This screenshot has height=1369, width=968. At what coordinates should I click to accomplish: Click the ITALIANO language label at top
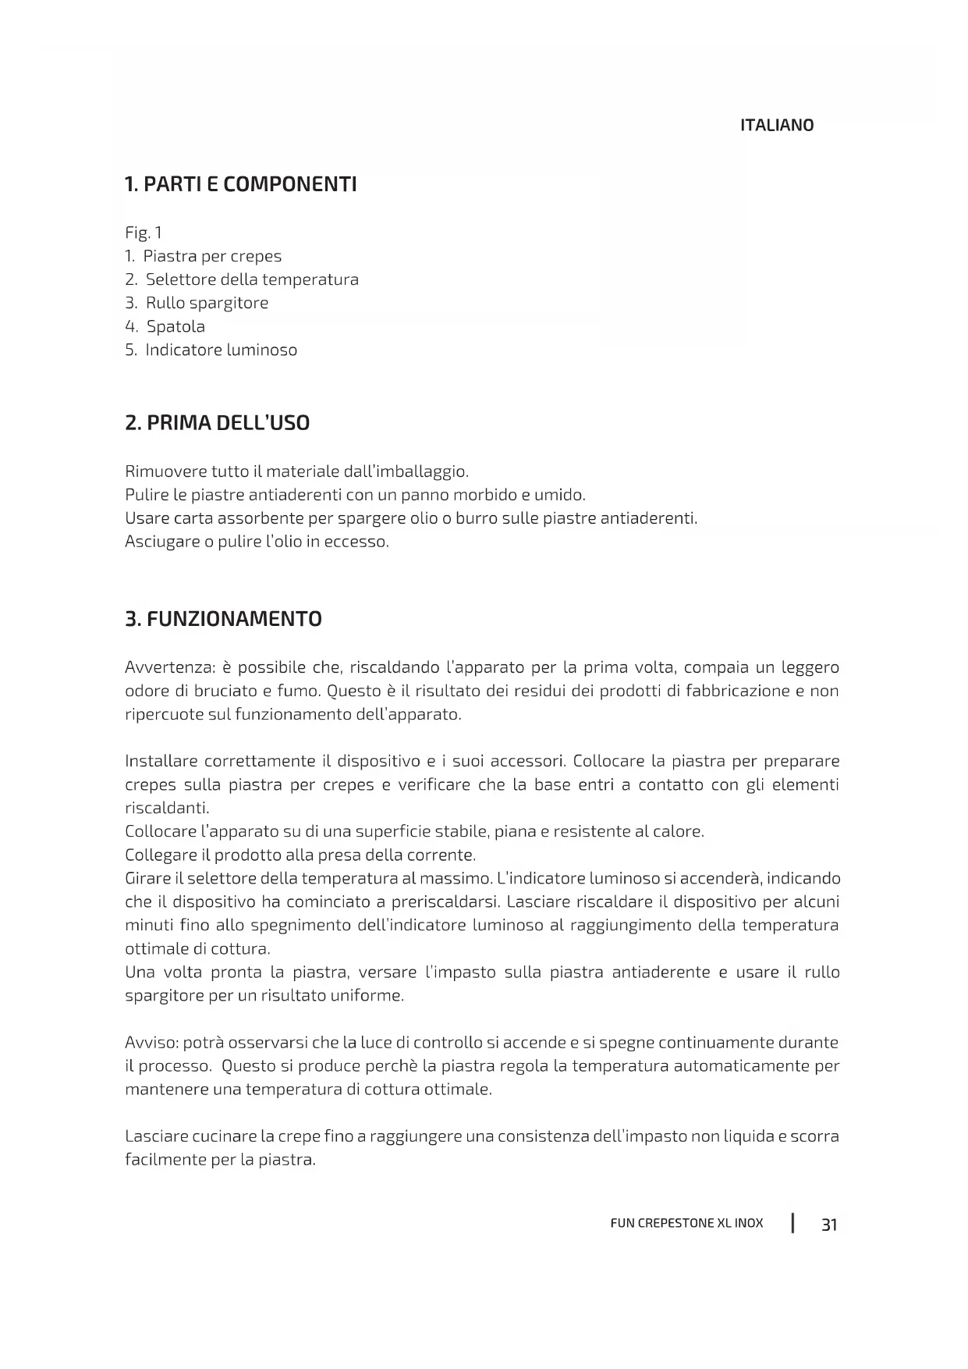click(776, 126)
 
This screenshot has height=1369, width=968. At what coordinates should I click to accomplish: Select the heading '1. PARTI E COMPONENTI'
click(240, 185)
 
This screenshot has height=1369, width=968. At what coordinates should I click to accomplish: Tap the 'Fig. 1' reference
click(144, 233)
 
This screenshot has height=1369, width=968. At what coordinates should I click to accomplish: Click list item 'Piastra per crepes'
click(212, 256)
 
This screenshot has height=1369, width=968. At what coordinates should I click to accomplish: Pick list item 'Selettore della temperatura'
click(252, 279)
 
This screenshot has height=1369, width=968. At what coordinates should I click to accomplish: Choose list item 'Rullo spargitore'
click(207, 303)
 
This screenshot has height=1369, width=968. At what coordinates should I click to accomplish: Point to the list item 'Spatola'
click(176, 326)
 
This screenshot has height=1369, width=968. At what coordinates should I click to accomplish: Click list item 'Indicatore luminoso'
click(221, 350)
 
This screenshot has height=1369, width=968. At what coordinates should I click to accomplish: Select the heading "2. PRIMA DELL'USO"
click(217, 423)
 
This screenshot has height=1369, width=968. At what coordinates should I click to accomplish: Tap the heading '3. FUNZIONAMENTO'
click(223, 619)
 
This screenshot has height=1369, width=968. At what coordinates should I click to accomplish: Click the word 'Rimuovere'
click(165, 471)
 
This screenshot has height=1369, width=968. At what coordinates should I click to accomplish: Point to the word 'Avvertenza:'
click(170, 667)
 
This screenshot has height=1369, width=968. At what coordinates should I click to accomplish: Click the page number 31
click(829, 1225)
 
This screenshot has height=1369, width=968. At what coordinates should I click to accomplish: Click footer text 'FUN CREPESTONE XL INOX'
click(686, 1223)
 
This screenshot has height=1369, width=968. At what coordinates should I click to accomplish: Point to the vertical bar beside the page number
click(792, 1222)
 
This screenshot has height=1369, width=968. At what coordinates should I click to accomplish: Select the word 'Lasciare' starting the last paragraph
click(156, 1136)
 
